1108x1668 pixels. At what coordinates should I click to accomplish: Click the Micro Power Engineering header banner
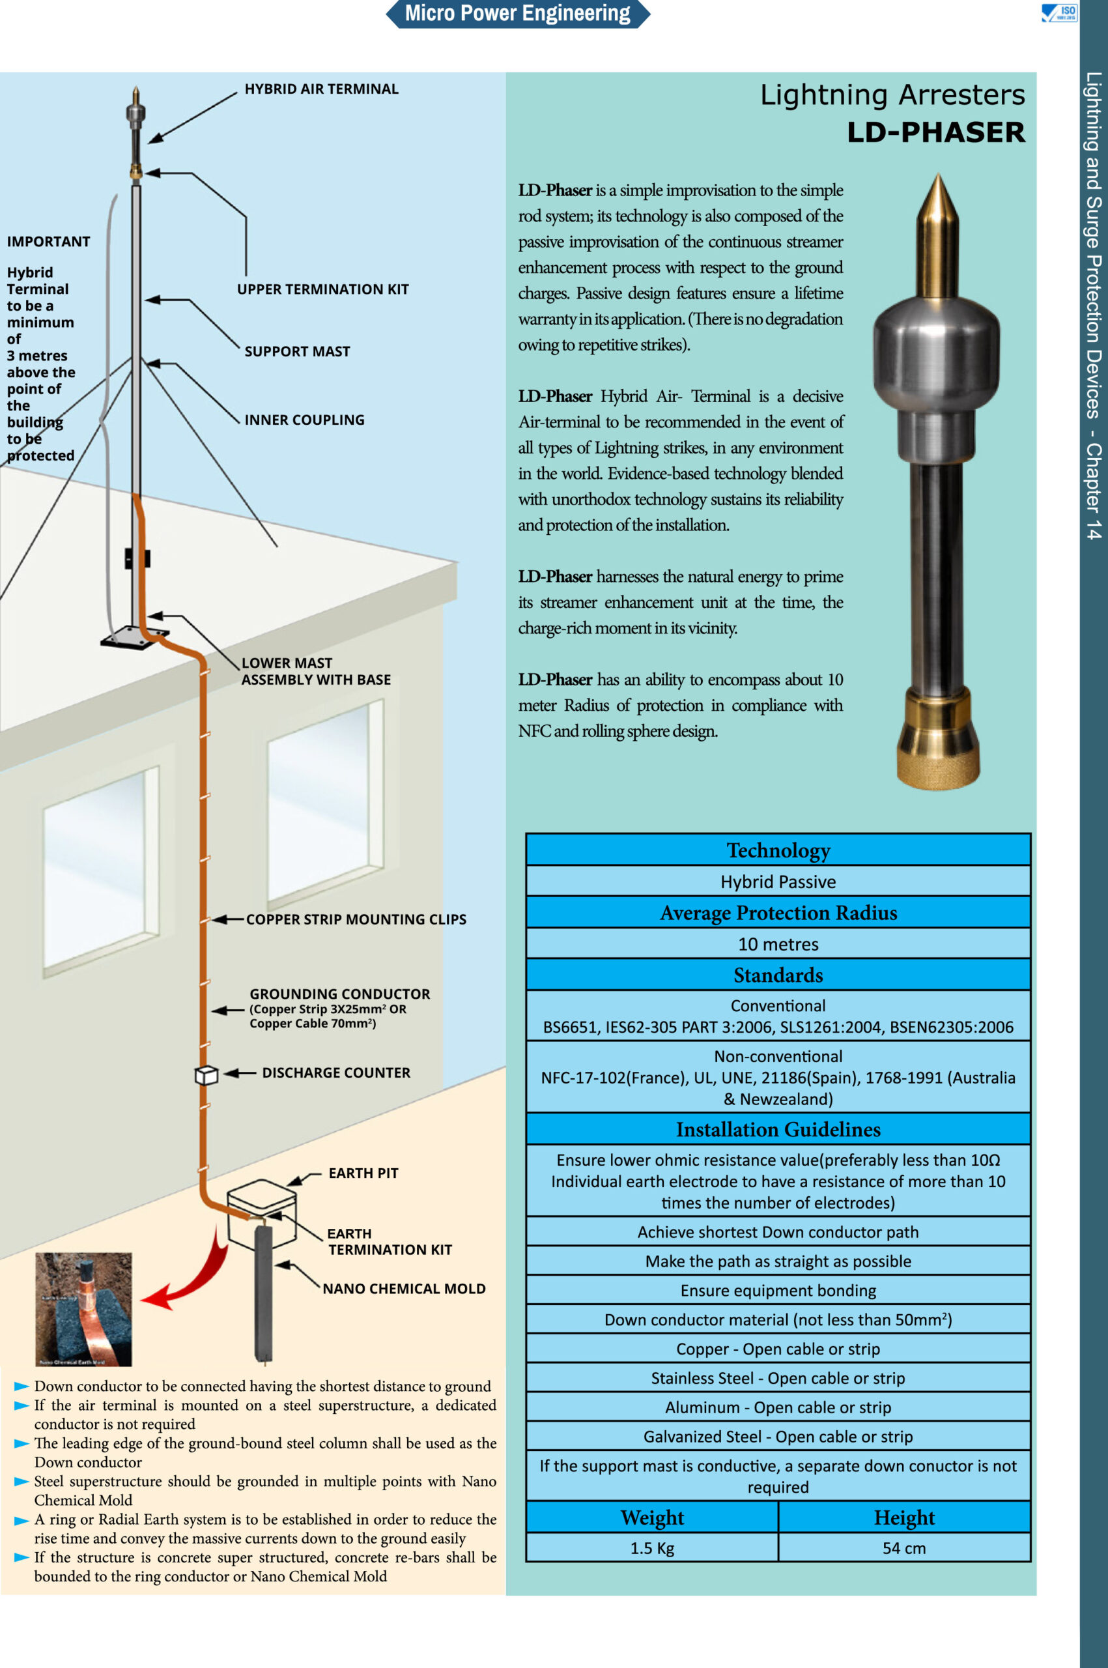(517, 14)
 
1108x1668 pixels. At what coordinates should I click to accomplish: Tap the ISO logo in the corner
(1059, 13)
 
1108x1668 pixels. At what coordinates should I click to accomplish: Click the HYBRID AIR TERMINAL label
(322, 89)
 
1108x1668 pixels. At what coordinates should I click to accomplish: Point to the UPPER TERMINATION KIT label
(323, 289)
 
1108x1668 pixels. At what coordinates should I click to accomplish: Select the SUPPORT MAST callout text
(297, 351)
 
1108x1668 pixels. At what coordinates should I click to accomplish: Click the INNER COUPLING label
(305, 420)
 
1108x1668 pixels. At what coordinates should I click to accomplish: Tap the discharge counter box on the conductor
(206, 1075)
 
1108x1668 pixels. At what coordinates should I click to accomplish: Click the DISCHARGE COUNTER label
(335, 1073)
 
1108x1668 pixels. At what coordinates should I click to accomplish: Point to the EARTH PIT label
(363, 1173)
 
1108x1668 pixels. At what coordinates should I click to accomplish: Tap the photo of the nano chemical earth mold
(83, 1309)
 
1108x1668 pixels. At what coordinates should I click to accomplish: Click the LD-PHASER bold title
(935, 132)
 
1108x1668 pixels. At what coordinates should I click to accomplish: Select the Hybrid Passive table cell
(778, 882)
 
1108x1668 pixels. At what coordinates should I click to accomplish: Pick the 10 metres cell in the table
(778, 944)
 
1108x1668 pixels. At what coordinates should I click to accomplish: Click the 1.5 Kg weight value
(651, 1548)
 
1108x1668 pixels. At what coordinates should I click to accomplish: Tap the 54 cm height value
(903, 1548)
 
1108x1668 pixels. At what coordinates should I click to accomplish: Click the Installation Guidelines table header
(778, 1129)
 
